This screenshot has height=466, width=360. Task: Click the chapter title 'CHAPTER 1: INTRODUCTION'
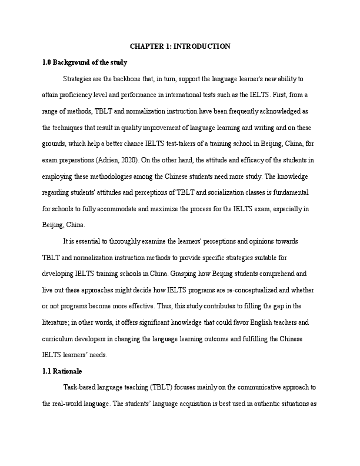(x=180, y=46)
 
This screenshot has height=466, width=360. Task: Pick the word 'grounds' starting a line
(x=55, y=143)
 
